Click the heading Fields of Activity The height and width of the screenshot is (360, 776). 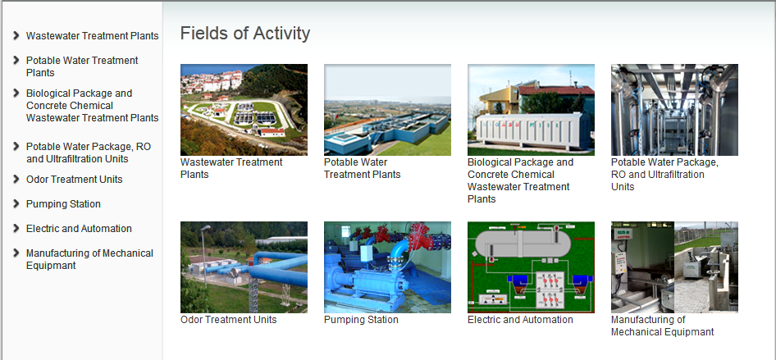[245, 33]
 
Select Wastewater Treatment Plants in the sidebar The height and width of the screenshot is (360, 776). [92, 35]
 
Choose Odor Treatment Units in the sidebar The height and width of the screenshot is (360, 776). [74, 179]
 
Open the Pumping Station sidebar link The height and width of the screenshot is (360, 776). [63, 203]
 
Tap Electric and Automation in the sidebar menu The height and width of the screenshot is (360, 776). [80, 229]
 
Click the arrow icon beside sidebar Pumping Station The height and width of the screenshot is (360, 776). [16, 203]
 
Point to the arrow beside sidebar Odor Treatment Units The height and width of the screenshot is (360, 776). [16, 179]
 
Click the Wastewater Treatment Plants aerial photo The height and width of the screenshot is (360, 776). [244, 110]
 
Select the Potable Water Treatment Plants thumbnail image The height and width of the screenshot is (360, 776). [387, 110]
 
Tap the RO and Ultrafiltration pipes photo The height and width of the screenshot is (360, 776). [674, 110]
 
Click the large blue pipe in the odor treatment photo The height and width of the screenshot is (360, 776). [277, 271]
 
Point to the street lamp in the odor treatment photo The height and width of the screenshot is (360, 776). [204, 255]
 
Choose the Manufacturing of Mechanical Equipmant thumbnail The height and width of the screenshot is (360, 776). [674, 267]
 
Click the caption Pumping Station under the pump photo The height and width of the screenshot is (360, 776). [361, 320]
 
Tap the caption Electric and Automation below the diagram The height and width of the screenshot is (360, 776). [520, 320]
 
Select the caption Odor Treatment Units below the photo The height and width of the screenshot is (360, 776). [229, 320]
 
